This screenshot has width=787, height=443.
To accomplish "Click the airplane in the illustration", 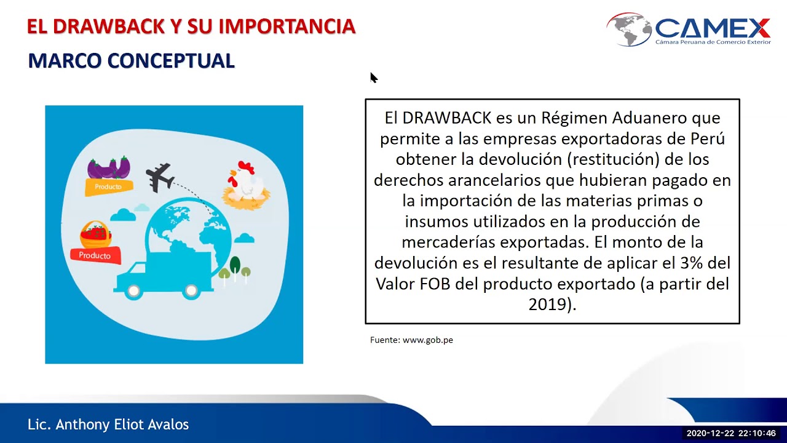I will click(x=159, y=176).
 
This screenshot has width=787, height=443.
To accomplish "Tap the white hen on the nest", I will click(x=245, y=181).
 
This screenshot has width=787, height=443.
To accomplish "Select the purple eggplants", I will click(x=109, y=167).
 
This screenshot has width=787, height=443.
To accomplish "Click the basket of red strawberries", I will click(x=95, y=234).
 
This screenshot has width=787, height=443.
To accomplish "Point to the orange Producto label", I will click(x=108, y=186).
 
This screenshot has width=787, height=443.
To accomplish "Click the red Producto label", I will click(x=95, y=255).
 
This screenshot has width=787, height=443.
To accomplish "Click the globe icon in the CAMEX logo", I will click(x=629, y=29).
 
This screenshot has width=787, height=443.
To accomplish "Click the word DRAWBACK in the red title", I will click(x=108, y=26).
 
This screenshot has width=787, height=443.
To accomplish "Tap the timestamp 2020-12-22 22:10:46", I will click(x=730, y=433).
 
